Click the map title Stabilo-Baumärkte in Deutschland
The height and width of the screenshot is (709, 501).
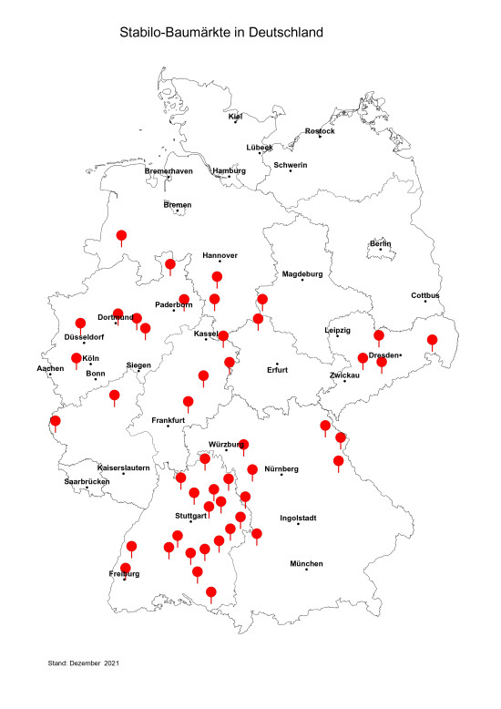tap(221, 33)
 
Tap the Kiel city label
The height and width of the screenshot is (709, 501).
tap(236, 117)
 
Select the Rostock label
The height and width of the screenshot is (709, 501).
tap(320, 131)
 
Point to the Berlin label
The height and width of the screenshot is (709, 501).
tap(380, 243)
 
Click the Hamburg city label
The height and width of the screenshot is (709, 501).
tap(230, 170)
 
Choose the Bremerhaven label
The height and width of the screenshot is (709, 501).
tap(169, 170)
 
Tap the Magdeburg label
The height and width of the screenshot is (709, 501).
tap(303, 273)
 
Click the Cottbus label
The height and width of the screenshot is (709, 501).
tap(425, 295)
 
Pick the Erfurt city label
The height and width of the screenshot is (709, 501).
tap(277, 370)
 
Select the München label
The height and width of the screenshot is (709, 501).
tap(306, 564)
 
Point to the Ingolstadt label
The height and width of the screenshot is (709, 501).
tap(298, 519)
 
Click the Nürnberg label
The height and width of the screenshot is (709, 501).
tap(281, 468)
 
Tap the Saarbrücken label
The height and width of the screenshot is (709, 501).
tap(87, 481)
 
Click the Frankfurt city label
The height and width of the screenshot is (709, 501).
tap(168, 420)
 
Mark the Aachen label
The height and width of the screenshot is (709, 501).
tap(50, 368)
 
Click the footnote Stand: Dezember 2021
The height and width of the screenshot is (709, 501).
tap(84, 663)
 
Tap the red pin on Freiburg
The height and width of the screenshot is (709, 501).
tap(125, 570)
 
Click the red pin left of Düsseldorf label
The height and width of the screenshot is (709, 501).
tap(80, 324)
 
